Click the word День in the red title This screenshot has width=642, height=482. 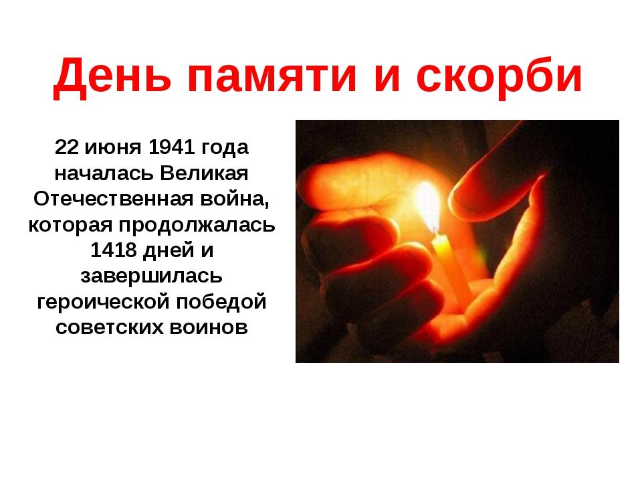[x=112, y=76]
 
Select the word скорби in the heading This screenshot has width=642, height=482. [x=499, y=76]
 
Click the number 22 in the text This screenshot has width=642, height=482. [x=66, y=147]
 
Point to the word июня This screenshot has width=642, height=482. [x=112, y=147]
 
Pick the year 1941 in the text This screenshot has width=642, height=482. [x=171, y=147]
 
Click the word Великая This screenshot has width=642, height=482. [x=204, y=173]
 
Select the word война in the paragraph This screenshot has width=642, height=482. [x=235, y=199]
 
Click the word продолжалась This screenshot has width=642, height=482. [x=197, y=226]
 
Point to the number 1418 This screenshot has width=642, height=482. [x=113, y=250]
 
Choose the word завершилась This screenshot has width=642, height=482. [x=152, y=276]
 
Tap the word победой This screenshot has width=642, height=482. [x=221, y=302]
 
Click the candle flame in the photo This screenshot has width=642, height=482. [x=428, y=208]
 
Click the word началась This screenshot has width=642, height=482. [x=104, y=173]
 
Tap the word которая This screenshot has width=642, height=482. [x=70, y=226]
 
